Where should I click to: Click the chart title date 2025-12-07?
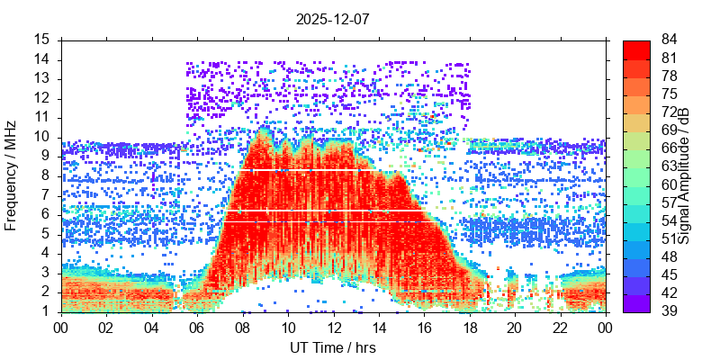[x=332, y=18]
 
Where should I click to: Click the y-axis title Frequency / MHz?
[x=12, y=175]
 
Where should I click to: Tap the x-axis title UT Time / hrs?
[x=332, y=347]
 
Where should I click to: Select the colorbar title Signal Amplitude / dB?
[x=685, y=175]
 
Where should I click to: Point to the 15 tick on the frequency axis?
[x=42, y=40]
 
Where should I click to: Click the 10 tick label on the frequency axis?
[x=42, y=137]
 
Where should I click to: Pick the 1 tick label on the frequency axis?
[x=46, y=311]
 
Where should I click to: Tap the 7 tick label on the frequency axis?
[x=46, y=195]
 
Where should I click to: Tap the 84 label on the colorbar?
[x=670, y=40]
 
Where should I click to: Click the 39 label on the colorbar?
[x=670, y=310]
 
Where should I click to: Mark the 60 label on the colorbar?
[x=670, y=184]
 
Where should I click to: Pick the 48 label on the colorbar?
[x=670, y=256]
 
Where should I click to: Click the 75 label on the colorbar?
[x=670, y=94]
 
